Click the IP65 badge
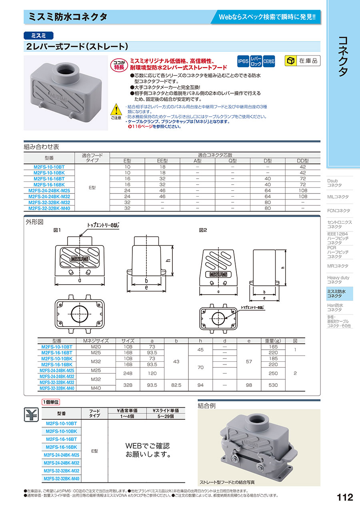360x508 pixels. (x=243, y=61)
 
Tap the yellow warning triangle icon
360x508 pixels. (x=115, y=109)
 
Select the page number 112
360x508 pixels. (x=345, y=497)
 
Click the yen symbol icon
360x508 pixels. (x=30, y=415)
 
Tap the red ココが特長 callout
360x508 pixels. (x=119, y=64)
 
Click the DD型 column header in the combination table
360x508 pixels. (x=303, y=161)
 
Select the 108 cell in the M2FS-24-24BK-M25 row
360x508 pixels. (x=303, y=191)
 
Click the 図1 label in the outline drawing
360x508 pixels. (x=56, y=230)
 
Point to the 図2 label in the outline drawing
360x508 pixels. (x=203, y=230)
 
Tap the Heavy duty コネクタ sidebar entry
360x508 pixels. (x=338, y=280)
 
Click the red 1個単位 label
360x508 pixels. (x=51, y=402)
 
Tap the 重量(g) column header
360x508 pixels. (x=273, y=341)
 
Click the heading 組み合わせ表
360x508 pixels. (x=42, y=147)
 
